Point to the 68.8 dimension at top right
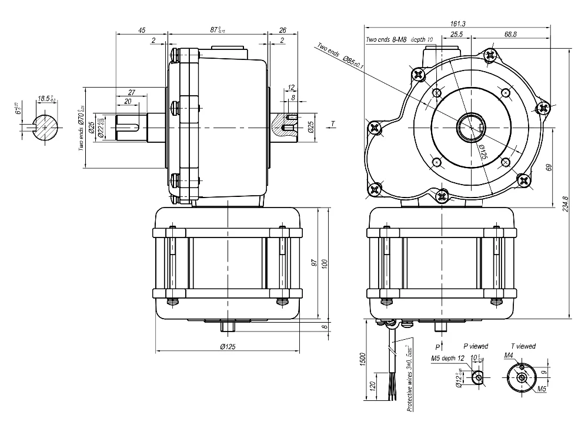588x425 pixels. [510, 35]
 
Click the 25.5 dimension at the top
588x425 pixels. [456, 35]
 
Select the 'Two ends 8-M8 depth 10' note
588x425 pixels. [399, 39]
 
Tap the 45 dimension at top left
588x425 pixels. [142, 31]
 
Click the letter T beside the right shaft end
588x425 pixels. [333, 123]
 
